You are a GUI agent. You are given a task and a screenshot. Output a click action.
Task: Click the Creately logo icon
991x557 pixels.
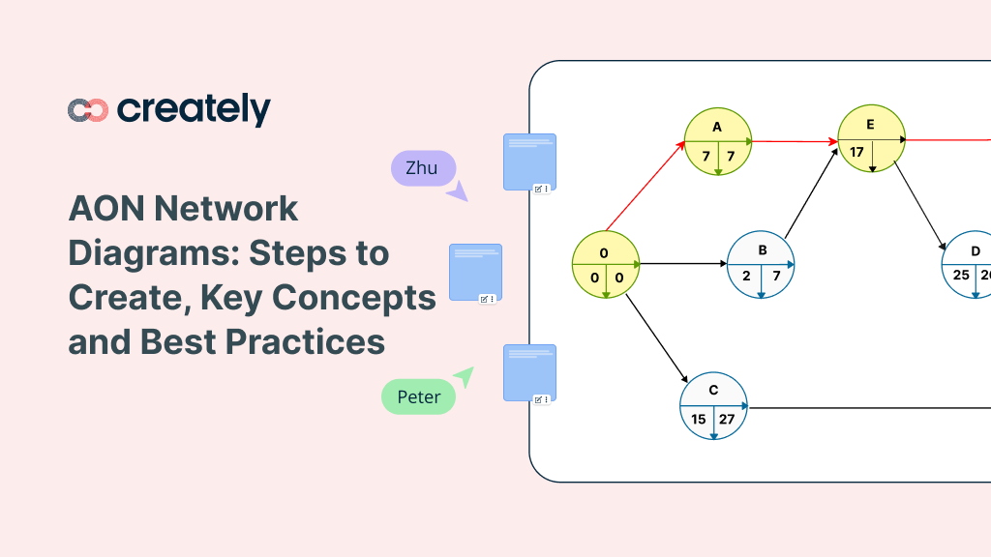(x=87, y=110)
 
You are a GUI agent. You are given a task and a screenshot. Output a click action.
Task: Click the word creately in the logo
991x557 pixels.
(x=194, y=109)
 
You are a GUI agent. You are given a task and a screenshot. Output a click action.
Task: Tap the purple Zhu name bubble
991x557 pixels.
(x=423, y=168)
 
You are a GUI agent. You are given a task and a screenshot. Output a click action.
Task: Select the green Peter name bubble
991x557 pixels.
(x=418, y=396)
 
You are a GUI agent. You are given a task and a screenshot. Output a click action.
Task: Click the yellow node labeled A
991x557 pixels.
(x=718, y=141)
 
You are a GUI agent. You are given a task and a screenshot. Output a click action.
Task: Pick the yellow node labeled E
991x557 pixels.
(x=871, y=138)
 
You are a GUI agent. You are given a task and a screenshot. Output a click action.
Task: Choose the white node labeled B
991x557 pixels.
(x=762, y=263)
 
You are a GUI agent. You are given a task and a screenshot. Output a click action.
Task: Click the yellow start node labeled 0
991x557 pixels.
(x=606, y=264)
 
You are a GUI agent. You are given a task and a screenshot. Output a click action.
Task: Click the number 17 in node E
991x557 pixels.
(x=856, y=152)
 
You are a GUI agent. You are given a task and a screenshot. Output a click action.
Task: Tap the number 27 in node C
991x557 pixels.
(x=728, y=420)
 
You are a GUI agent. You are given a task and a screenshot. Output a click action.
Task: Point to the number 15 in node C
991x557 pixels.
(x=699, y=420)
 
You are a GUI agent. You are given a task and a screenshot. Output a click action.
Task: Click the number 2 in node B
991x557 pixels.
(x=746, y=277)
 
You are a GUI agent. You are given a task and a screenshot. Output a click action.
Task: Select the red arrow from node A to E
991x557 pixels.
(x=795, y=141)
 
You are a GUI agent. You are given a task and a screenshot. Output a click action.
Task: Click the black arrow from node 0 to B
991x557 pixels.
(x=683, y=263)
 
